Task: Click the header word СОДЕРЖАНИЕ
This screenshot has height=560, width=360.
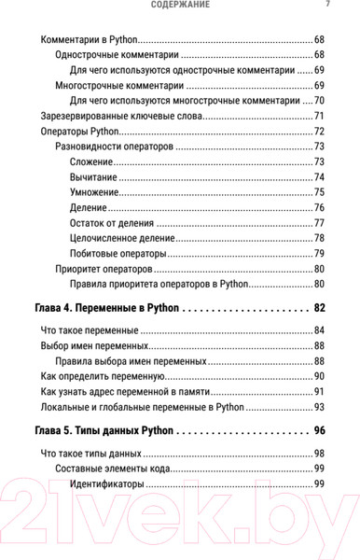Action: click(x=180, y=5)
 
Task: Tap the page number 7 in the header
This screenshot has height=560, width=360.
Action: click(x=327, y=5)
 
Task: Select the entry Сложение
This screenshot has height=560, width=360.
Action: click(x=95, y=161)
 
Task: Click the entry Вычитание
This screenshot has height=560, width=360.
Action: click(x=98, y=177)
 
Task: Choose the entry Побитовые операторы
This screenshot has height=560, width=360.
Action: click(x=118, y=253)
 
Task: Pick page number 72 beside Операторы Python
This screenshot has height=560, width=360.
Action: click(x=319, y=132)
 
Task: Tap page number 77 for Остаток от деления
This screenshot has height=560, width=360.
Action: click(x=319, y=223)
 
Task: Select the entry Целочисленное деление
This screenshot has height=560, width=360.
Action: click(x=121, y=238)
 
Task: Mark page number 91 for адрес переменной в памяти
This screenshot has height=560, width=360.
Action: click(x=319, y=392)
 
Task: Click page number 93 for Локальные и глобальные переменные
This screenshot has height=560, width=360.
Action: click(x=319, y=407)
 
